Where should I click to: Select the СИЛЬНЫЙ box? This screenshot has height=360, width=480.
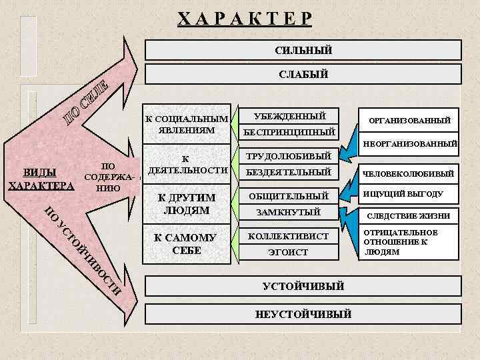point(303,50)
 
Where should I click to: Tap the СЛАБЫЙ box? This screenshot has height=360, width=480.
point(303,74)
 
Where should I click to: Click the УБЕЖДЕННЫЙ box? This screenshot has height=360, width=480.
point(289,116)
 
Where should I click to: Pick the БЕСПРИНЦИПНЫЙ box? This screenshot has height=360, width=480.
point(289,131)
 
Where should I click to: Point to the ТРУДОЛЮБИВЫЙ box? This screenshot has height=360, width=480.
point(289,157)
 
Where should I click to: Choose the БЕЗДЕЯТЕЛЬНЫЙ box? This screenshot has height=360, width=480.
point(289,172)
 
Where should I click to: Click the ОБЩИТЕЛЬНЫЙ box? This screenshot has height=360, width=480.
point(289,196)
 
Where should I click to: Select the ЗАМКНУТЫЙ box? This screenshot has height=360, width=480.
point(289,212)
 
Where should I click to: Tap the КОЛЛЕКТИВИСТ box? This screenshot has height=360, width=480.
point(289,236)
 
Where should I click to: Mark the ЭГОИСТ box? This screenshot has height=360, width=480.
point(289,252)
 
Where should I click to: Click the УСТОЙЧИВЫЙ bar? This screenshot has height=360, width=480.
point(303,286)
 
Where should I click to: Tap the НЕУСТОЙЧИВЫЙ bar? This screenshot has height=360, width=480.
point(303,314)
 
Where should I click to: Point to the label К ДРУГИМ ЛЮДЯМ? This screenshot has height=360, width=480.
point(185,204)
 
